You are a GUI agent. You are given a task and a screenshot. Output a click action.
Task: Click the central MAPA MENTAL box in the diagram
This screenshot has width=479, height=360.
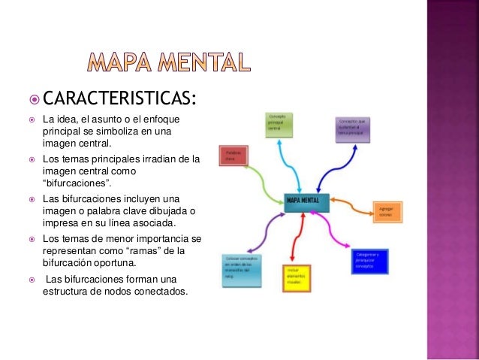307,200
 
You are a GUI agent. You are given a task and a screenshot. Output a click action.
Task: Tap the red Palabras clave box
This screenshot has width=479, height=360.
233,156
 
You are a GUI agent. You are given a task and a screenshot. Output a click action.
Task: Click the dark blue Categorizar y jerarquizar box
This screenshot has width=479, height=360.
369,262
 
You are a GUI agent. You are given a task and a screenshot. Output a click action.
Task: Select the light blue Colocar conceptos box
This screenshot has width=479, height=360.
241,269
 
